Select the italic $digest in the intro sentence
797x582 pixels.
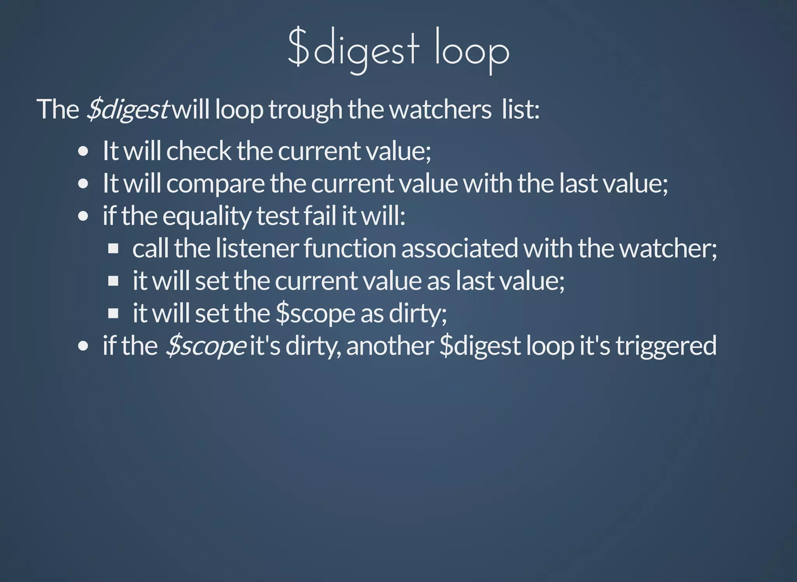[x=127, y=109]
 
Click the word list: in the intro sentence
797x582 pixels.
[x=521, y=109]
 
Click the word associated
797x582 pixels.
[x=460, y=248]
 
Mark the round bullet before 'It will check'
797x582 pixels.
[x=83, y=151]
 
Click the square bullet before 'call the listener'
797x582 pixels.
[x=113, y=248]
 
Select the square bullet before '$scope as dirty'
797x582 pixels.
[x=113, y=313]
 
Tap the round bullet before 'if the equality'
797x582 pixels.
[x=83, y=216]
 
